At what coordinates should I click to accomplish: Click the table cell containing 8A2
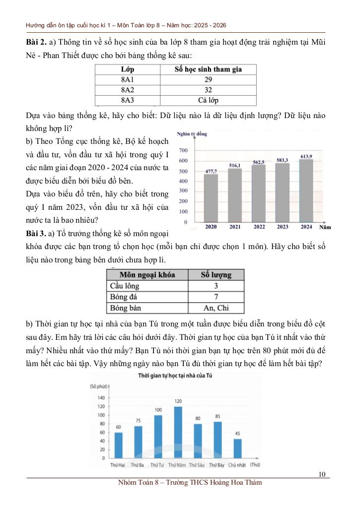128,90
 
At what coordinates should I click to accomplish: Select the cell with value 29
208,80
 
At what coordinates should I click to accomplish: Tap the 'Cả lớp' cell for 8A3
208,101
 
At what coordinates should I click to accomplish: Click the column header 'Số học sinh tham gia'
208,69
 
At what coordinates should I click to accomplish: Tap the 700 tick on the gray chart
183,150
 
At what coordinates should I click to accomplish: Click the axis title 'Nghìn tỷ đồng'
192,134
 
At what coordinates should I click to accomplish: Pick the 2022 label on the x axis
259,227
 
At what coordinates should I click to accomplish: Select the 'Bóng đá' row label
124,297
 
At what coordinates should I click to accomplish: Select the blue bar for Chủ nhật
237,448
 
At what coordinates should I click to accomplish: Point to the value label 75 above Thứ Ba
138,421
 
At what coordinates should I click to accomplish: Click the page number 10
322,475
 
